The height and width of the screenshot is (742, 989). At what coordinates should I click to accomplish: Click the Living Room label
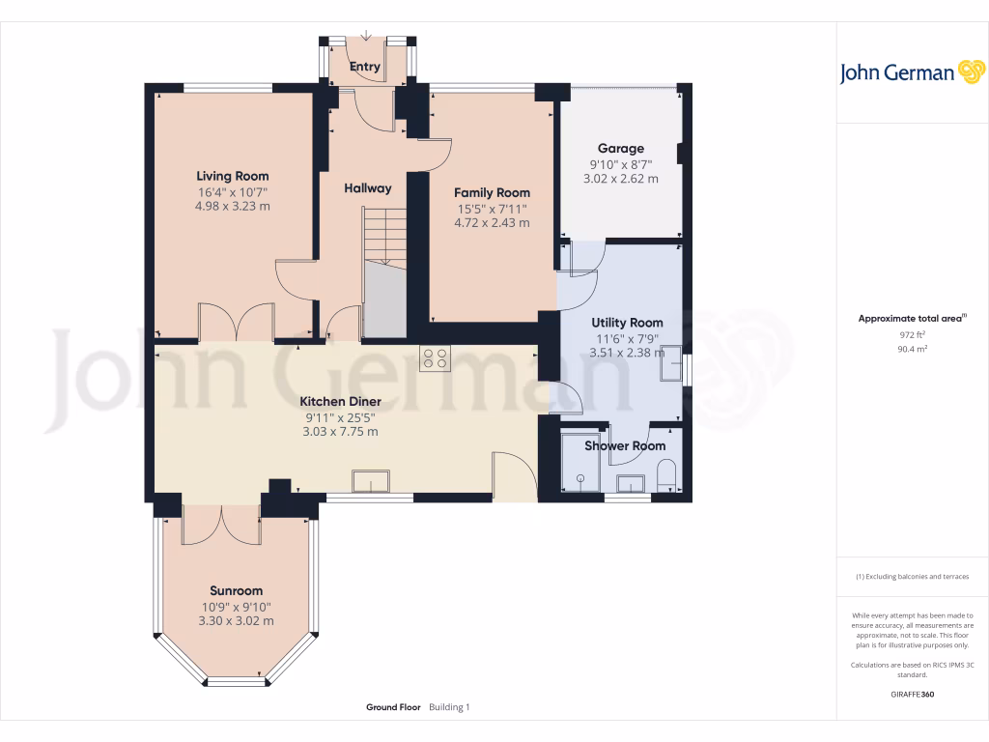232,176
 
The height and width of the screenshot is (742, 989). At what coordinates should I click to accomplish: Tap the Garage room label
620,149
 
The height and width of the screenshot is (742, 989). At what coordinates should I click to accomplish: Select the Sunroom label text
236,590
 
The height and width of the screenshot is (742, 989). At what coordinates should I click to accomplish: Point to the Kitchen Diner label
340,401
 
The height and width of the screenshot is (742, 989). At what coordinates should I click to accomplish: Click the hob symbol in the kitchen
434,358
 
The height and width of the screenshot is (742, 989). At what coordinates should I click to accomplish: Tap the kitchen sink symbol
371,481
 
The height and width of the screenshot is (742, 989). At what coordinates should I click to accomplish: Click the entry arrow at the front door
366,38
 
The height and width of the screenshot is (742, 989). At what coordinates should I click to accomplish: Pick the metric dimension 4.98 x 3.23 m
232,206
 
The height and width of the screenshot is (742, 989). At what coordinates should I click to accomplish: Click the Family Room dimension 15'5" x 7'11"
492,209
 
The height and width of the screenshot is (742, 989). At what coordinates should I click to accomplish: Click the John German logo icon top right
971,72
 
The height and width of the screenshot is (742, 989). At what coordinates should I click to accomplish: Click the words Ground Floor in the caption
393,707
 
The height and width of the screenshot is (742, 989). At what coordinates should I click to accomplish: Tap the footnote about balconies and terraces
913,577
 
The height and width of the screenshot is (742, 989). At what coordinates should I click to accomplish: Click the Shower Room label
625,446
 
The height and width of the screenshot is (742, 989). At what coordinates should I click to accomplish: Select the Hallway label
368,188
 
